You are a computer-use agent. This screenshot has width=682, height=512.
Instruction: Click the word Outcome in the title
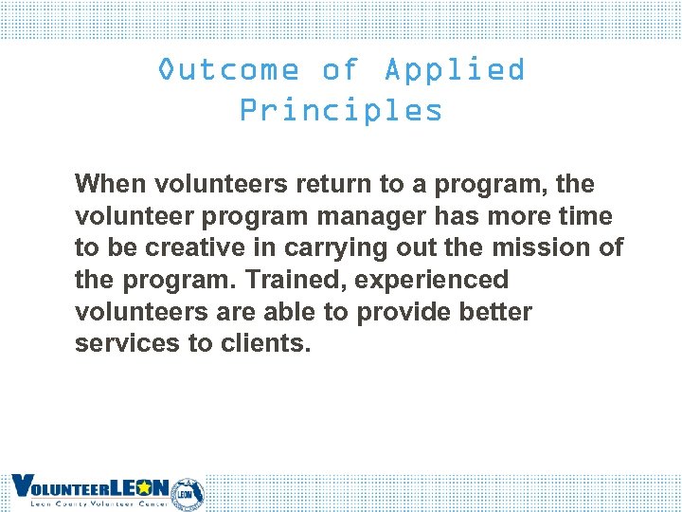pyautogui.click(x=227, y=70)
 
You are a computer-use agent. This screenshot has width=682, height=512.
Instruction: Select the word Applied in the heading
pyautogui.click(x=455, y=70)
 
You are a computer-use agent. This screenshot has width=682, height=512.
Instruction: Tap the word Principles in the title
pyautogui.click(x=341, y=110)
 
